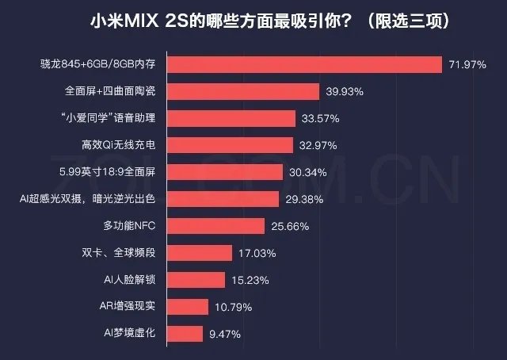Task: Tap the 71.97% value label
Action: click(467, 64)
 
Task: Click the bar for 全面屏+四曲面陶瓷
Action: click(246, 91)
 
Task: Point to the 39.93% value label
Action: click(345, 92)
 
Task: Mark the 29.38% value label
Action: click(303, 199)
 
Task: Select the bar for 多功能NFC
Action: click(218, 226)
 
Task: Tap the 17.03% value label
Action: click(255, 253)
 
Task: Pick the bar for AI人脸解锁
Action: click(198, 280)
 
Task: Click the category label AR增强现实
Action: click(129, 306)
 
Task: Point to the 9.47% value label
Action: click(225, 333)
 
